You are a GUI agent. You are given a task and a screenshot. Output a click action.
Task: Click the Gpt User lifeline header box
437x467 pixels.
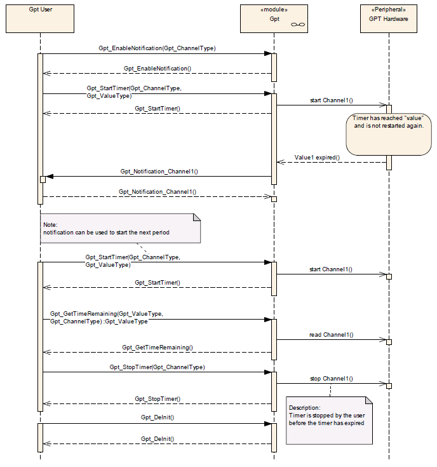click(40, 18)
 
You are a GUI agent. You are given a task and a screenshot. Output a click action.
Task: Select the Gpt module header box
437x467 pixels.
click(274, 18)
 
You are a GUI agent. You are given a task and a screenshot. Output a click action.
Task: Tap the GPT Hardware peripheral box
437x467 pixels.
click(389, 18)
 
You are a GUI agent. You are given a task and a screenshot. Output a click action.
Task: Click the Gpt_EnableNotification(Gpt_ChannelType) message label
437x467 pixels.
click(157, 48)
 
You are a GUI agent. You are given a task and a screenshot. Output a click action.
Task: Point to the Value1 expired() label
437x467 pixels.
click(317, 158)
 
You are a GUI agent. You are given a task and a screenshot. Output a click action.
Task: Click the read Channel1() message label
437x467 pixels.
click(332, 335)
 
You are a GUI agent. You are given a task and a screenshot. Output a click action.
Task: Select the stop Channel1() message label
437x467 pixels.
click(332, 379)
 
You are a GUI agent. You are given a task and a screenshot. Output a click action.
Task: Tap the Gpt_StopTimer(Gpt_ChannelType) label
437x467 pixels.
click(157, 367)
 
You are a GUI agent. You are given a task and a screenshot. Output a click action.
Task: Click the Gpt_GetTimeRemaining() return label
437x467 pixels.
click(158, 348)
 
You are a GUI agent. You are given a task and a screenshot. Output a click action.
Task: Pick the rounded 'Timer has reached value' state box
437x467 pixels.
click(389, 134)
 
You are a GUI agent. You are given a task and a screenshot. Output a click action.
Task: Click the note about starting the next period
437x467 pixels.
click(120, 228)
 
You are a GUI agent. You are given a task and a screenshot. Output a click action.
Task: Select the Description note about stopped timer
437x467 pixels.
click(329, 421)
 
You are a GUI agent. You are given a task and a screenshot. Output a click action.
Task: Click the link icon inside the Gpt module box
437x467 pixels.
click(298, 24)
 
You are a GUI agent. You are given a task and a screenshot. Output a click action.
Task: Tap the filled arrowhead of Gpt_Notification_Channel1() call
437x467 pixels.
click(50, 177)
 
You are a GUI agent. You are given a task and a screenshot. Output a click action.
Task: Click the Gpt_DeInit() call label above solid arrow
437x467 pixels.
click(158, 417)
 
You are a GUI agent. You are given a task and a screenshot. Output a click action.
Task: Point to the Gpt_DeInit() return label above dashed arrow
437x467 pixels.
click(158, 438)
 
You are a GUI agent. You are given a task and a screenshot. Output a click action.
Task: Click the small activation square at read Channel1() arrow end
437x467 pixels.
click(389, 342)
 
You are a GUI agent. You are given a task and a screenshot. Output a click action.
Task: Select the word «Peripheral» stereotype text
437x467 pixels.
click(389, 10)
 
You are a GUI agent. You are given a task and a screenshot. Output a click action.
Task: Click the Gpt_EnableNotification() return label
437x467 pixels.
click(158, 69)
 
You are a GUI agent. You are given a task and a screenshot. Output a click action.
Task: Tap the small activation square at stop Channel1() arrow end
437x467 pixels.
click(389, 386)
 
